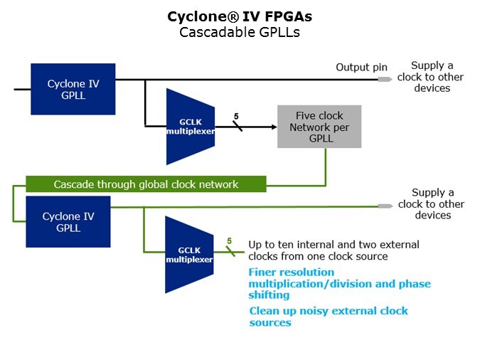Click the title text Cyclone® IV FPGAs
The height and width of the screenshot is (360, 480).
[239, 16]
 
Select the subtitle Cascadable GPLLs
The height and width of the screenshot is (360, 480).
[239, 31]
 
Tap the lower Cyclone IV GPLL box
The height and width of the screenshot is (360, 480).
[68, 222]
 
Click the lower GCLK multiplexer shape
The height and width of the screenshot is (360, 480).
[189, 255]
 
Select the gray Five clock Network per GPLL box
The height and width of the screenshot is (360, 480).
[319, 127]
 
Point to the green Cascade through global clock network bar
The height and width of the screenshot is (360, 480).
[146, 184]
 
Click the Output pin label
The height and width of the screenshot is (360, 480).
[361, 68]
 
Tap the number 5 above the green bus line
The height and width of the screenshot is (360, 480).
[230, 241]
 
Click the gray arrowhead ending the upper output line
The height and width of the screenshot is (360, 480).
[385, 79]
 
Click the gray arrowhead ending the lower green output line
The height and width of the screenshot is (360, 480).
[385, 206]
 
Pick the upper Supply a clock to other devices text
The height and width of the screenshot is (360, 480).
[432, 77]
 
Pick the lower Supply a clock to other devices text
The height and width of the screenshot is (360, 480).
[432, 204]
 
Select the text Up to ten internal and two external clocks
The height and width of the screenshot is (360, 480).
[334, 250]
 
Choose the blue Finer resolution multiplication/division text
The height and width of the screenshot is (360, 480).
[339, 283]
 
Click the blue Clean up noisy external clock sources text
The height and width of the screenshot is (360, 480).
[329, 317]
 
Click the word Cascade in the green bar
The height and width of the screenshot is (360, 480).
[73, 184]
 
